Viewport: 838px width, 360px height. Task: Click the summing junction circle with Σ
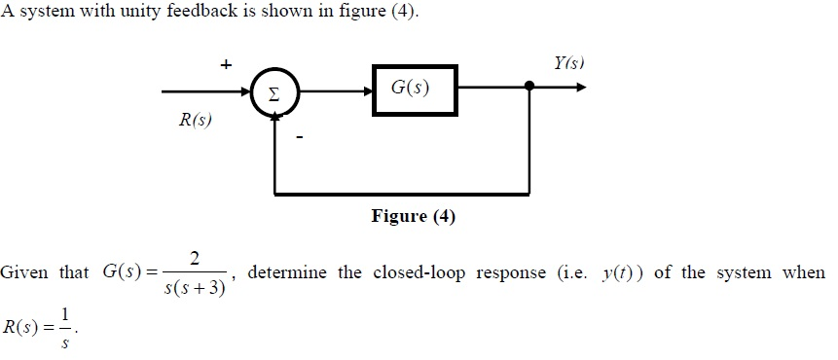pos(274,93)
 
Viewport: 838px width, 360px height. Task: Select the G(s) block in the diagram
pos(413,89)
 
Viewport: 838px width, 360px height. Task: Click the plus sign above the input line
pos(225,64)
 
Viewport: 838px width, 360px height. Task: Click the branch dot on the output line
pos(529,87)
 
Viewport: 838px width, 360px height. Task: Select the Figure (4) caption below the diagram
pos(413,216)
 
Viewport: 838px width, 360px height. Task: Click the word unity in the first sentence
pos(146,16)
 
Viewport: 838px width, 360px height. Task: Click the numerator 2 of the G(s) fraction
pos(196,258)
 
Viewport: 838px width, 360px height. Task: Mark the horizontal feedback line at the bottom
pos(403,194)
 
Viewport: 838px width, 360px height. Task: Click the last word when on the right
pos(804,272)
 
